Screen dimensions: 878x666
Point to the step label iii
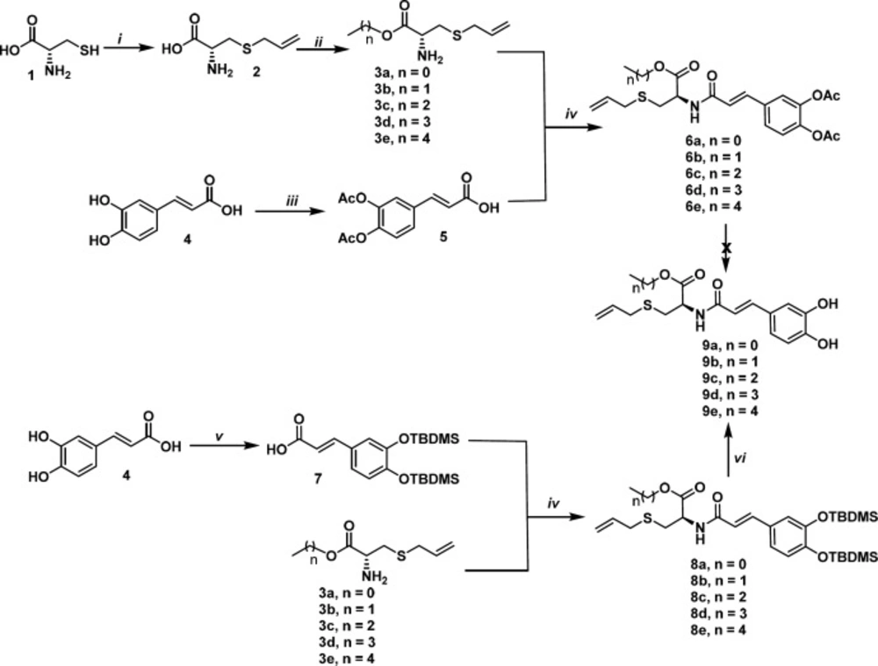[291, 200]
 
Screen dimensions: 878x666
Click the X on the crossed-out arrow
[726, 247]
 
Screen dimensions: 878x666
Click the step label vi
[739, 459]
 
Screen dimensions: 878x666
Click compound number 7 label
[318, 480]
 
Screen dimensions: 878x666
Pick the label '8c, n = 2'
[718, 597]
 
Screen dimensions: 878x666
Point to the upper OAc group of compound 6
[824, 97]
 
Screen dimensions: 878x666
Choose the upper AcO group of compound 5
[353, 198]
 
